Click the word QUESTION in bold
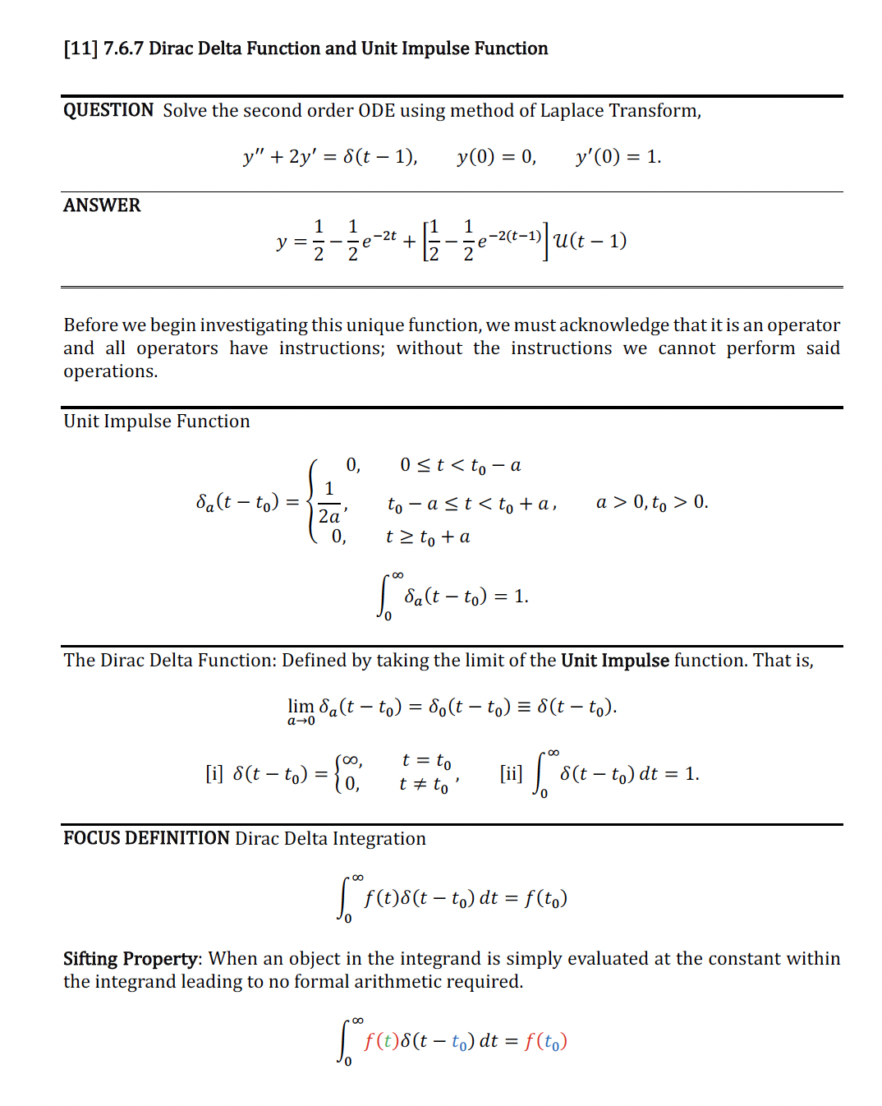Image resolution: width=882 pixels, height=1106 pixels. tap(108, 111)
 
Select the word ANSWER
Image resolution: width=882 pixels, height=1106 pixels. tap(102, 205)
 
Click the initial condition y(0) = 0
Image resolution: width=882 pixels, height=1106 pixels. tap(497, 157)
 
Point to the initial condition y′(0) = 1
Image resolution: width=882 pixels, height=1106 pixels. tap(618, 157)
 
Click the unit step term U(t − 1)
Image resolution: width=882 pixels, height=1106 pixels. tap(590, 241)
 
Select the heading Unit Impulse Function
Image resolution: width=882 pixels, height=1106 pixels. tap(156, 422)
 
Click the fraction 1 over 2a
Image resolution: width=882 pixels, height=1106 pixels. tap(329, 503)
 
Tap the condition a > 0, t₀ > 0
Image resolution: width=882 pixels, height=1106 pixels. tap(652, 502)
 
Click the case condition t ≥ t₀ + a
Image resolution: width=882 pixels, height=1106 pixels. tap(428, 537)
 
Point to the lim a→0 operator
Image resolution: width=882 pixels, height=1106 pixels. tap(301, 711)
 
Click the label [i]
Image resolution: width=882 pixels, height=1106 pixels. tap(214, 774)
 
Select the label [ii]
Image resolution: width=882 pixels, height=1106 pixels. tap(511, 774)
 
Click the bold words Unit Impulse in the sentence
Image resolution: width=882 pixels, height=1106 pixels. tap(615, 661)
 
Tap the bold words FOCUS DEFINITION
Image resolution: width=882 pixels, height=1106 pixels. tap(146, 839)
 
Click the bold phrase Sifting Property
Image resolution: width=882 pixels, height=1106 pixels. tap(131, 959)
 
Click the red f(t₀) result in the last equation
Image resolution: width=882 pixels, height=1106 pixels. tap(546, 1042)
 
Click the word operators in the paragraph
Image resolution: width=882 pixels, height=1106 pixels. tap(177, 348)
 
